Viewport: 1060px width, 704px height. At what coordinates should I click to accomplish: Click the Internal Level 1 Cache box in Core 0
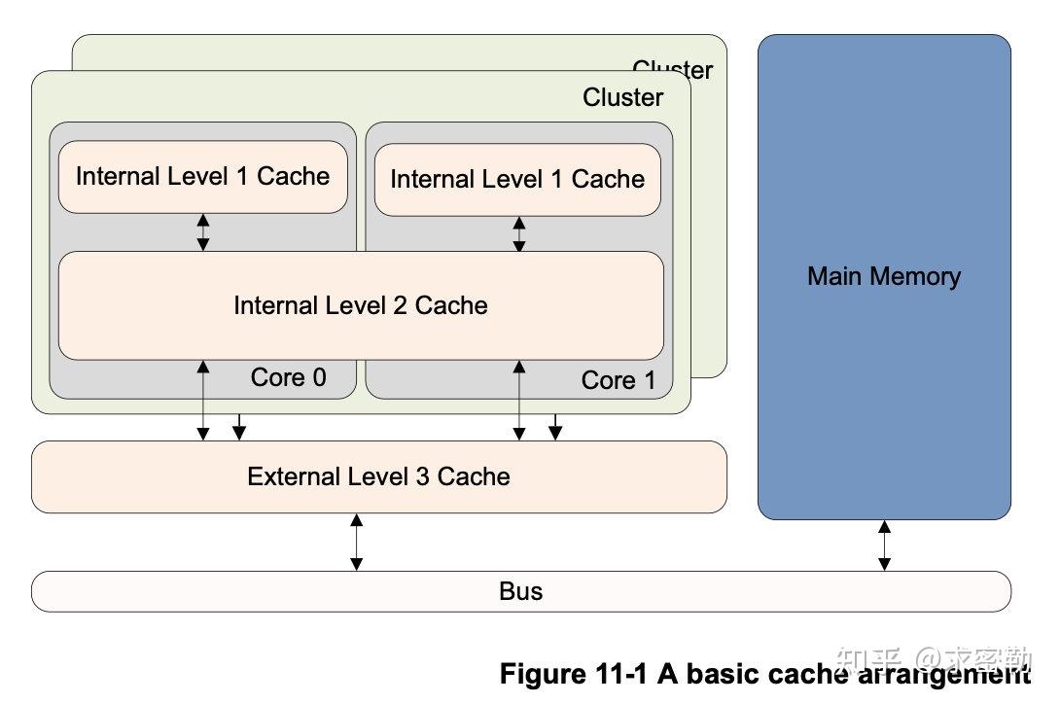coord(202,176)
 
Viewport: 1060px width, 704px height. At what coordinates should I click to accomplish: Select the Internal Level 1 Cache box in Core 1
coord(517,179)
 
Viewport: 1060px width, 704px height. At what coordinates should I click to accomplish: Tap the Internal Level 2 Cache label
coord(360,305)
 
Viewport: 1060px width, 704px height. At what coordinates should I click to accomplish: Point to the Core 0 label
coord(289,377)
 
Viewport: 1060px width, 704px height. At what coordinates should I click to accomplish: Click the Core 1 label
coord(618,380)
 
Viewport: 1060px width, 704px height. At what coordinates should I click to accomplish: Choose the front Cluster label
coord(622,97)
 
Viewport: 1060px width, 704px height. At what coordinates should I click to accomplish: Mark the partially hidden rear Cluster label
coord(672,69)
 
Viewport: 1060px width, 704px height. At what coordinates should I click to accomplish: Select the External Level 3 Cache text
coord(378,476)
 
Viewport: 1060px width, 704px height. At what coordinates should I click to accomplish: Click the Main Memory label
coord(883,276)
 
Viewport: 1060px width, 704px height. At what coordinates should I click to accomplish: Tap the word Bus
coord(520,591)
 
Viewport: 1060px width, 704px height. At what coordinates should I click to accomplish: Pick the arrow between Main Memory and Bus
coord(884,546)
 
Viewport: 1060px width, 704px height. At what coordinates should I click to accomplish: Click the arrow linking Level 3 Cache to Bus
coord(356,542)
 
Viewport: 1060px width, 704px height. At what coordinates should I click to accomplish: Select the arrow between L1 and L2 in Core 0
coord(203,232)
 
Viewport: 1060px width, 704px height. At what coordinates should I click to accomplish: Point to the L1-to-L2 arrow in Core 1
coord(519,234)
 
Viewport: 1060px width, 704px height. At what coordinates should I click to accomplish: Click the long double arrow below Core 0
coord(203,400)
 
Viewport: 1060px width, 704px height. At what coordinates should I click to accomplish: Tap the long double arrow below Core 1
coord(519,400)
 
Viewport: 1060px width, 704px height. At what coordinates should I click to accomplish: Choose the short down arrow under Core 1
coord(554,426)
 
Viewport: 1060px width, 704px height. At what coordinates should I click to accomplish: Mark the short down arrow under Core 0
coord(238,426)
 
